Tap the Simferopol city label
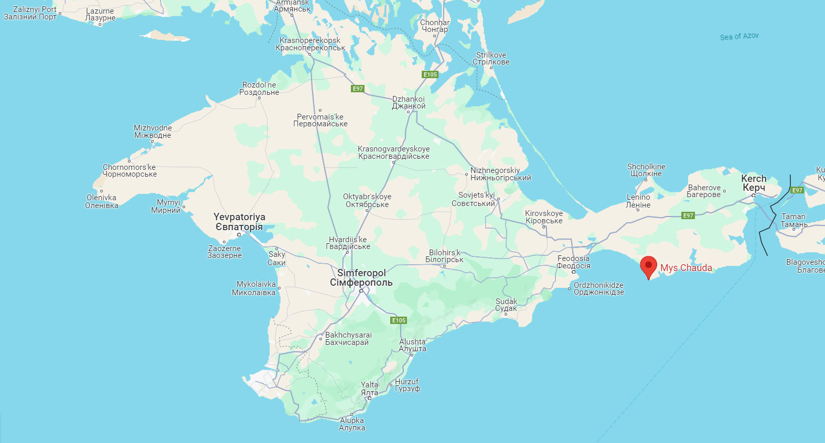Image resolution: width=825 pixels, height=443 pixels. (361, 278)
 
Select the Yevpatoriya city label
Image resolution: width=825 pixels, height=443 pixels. (239, 222)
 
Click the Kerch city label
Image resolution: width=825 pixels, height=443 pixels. (754, 183)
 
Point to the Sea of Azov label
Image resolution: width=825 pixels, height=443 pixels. (739, 36)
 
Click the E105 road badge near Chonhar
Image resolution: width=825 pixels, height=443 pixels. (430, 74)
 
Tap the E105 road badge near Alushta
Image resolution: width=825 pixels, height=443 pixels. (399, 320)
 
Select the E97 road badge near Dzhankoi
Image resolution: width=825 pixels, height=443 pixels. (358, 89)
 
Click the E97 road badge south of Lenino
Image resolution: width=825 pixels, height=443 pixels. (688, 215)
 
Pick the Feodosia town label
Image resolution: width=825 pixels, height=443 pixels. (573, 262)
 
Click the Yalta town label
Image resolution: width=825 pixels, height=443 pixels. (369, 388)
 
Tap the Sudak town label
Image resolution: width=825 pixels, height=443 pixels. (506, 305)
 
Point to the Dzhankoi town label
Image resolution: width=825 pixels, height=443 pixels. (409, 102)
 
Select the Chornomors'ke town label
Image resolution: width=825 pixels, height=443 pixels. (129, 170)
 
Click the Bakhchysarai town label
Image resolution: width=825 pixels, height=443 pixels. (348, 339)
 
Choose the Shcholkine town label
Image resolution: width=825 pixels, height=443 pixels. (646, 170)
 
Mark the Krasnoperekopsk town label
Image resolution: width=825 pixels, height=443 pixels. (310, 44)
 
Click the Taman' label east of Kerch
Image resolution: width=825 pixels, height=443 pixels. (794, 220)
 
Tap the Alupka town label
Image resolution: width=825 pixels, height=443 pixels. (351, 424)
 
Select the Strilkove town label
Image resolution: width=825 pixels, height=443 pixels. (491, 58)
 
